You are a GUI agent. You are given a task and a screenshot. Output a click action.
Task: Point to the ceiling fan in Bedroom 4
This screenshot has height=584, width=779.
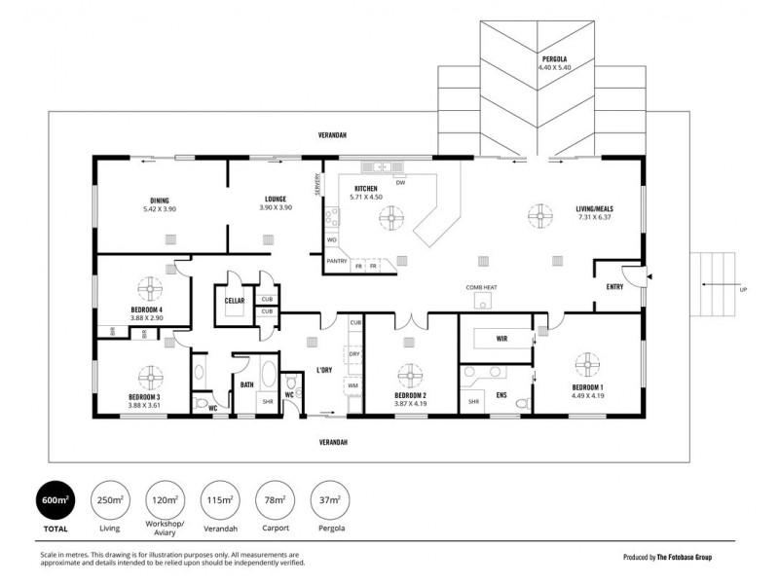(x=148, y=288)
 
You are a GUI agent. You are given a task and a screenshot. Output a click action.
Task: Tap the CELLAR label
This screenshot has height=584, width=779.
(x=234, y=301)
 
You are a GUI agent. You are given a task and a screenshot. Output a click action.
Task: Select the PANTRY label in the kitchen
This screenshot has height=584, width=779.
(x=337, y=261)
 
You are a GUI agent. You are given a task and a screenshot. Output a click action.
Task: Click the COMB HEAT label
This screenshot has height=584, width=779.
(x=482, y=288)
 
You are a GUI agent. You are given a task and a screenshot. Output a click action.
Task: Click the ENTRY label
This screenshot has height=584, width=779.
(x=614, y=286)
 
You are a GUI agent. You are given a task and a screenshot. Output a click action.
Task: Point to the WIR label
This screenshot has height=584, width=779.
(x=501, y=340)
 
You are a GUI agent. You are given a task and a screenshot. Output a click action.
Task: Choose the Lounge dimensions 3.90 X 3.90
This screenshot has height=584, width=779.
(x=276, y=207)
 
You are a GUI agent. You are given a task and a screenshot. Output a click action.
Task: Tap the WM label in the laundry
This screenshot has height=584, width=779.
(x=353, y=386)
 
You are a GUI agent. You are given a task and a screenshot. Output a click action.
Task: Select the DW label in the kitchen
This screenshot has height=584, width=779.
(x=400, y=182)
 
